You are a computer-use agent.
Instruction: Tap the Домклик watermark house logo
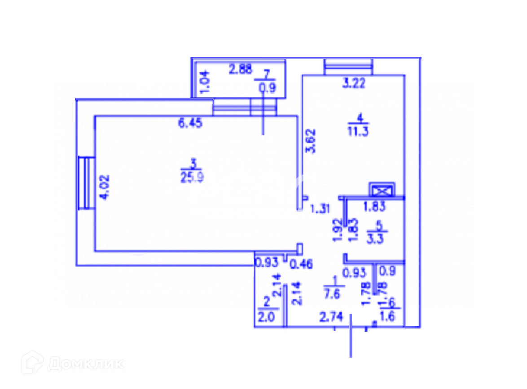pos(32,362)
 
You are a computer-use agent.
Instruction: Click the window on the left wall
pos(86,183)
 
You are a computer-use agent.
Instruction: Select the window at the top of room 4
pos(348,66)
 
